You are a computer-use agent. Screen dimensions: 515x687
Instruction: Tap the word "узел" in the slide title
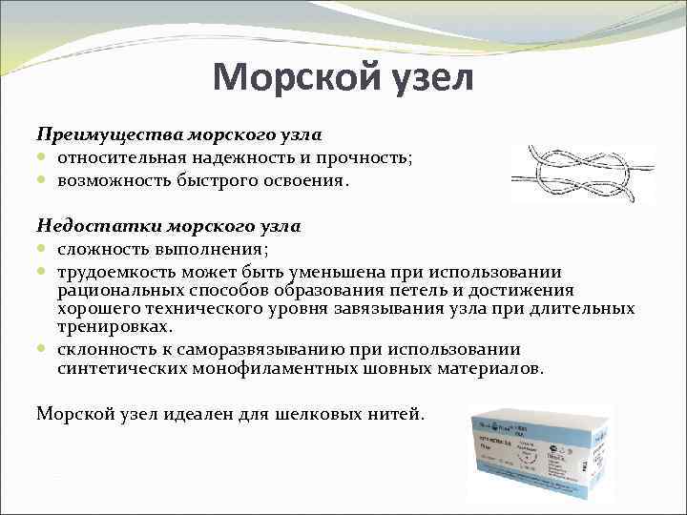[427, 77]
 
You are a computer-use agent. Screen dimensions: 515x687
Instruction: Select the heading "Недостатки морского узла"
[168, 226]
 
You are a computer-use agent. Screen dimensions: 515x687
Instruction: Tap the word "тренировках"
[114, 326]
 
